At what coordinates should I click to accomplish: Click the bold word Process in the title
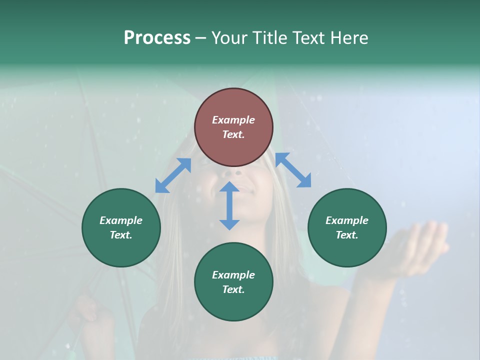point(157,37)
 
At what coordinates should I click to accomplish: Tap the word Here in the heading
point(349,37)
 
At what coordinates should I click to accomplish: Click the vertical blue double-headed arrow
point(229,205)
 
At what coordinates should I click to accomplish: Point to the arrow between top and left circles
point(173,175)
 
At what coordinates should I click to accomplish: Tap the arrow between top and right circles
point(293,170)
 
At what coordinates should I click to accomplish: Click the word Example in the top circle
point(233,120)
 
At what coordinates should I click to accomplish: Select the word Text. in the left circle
point(121,235)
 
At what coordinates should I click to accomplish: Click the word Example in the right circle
point(347,220)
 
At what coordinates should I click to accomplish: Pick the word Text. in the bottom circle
point(233,289)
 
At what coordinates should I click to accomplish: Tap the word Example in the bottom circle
point(233,275)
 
